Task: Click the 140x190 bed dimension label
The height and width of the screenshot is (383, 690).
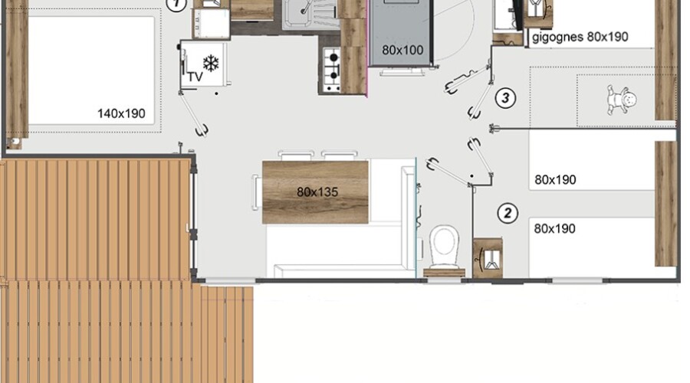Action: [121, 113]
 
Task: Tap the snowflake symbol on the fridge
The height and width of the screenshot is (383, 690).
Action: [211, 64]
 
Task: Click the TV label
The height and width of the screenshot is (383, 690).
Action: [195, 77]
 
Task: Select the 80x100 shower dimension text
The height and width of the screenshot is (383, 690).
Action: [402, 50]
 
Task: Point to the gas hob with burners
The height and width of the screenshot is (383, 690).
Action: [332, 70]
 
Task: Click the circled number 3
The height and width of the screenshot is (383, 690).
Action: [505, 97]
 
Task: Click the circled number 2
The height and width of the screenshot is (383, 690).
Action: [508, 213]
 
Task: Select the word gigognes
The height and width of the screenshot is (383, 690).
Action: [557, 37]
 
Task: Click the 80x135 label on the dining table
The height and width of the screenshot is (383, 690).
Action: [317, 192]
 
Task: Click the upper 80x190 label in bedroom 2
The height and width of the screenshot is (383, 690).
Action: [555, 180]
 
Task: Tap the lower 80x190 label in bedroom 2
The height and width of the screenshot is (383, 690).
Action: [554, 229]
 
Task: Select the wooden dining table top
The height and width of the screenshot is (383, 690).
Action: [315, 192]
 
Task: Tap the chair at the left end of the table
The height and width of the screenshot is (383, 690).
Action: [255, 192]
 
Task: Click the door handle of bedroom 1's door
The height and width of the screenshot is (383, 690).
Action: [203, 130]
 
